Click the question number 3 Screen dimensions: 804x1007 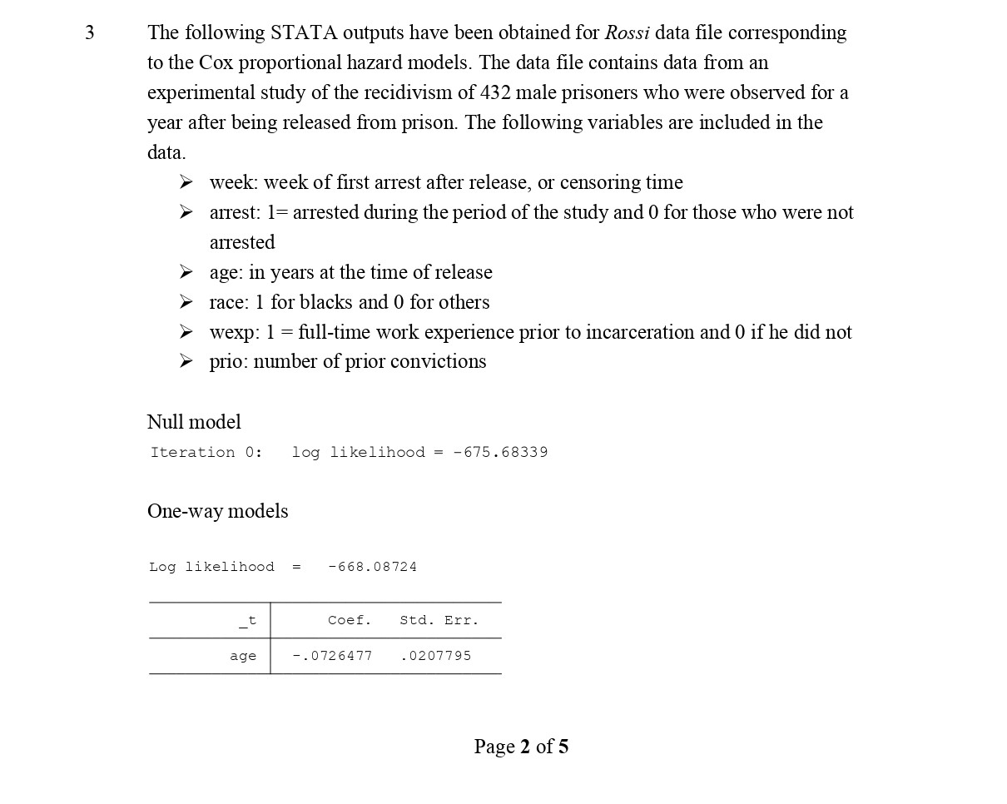(90, 33)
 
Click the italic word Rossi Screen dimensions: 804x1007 (627, 33)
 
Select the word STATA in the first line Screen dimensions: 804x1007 (303, 33)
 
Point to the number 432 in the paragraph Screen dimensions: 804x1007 (497, 92)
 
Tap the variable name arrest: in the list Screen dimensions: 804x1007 (236, 212)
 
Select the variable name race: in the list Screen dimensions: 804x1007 (230, 302)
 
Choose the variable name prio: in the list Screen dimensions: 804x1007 (229, 362)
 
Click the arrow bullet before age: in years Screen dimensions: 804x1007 (186, 272)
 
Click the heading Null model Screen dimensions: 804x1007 (194, 422)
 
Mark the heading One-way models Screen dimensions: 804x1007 (218, 511)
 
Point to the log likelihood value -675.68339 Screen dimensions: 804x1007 (500, 453)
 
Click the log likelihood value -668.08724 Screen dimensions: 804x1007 (372, 567)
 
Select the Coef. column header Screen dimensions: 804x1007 (350, 620)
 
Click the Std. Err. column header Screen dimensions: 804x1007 (439, 620)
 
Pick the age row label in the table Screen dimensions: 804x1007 (243, 656)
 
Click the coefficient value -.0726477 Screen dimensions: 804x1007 (333, 656)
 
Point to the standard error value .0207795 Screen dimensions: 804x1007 (435, 656)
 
